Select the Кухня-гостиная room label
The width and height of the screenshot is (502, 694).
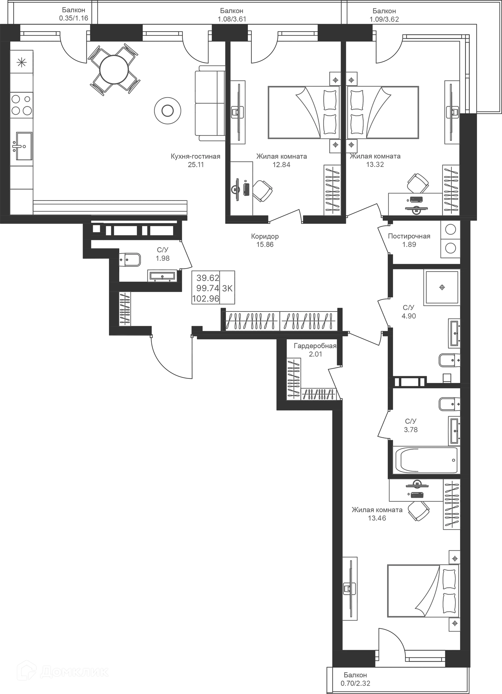195,157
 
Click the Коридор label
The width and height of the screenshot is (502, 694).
265,236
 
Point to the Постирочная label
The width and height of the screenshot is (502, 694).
409,236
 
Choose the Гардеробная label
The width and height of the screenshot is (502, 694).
315,346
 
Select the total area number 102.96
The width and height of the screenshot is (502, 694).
207,298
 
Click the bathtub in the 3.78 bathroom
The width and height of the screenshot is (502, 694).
424,460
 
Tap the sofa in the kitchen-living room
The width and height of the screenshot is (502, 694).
209,103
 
